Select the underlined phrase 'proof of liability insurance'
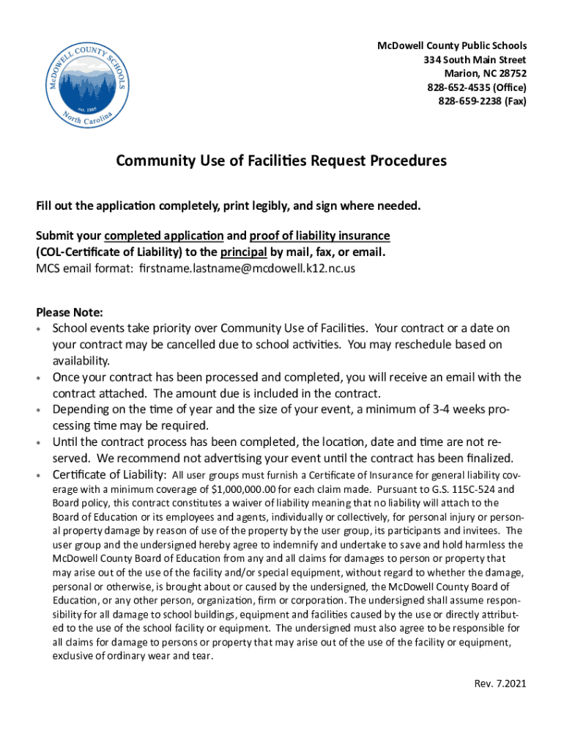(x=319, y=235)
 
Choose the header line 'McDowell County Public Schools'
(x=451, y=45)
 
